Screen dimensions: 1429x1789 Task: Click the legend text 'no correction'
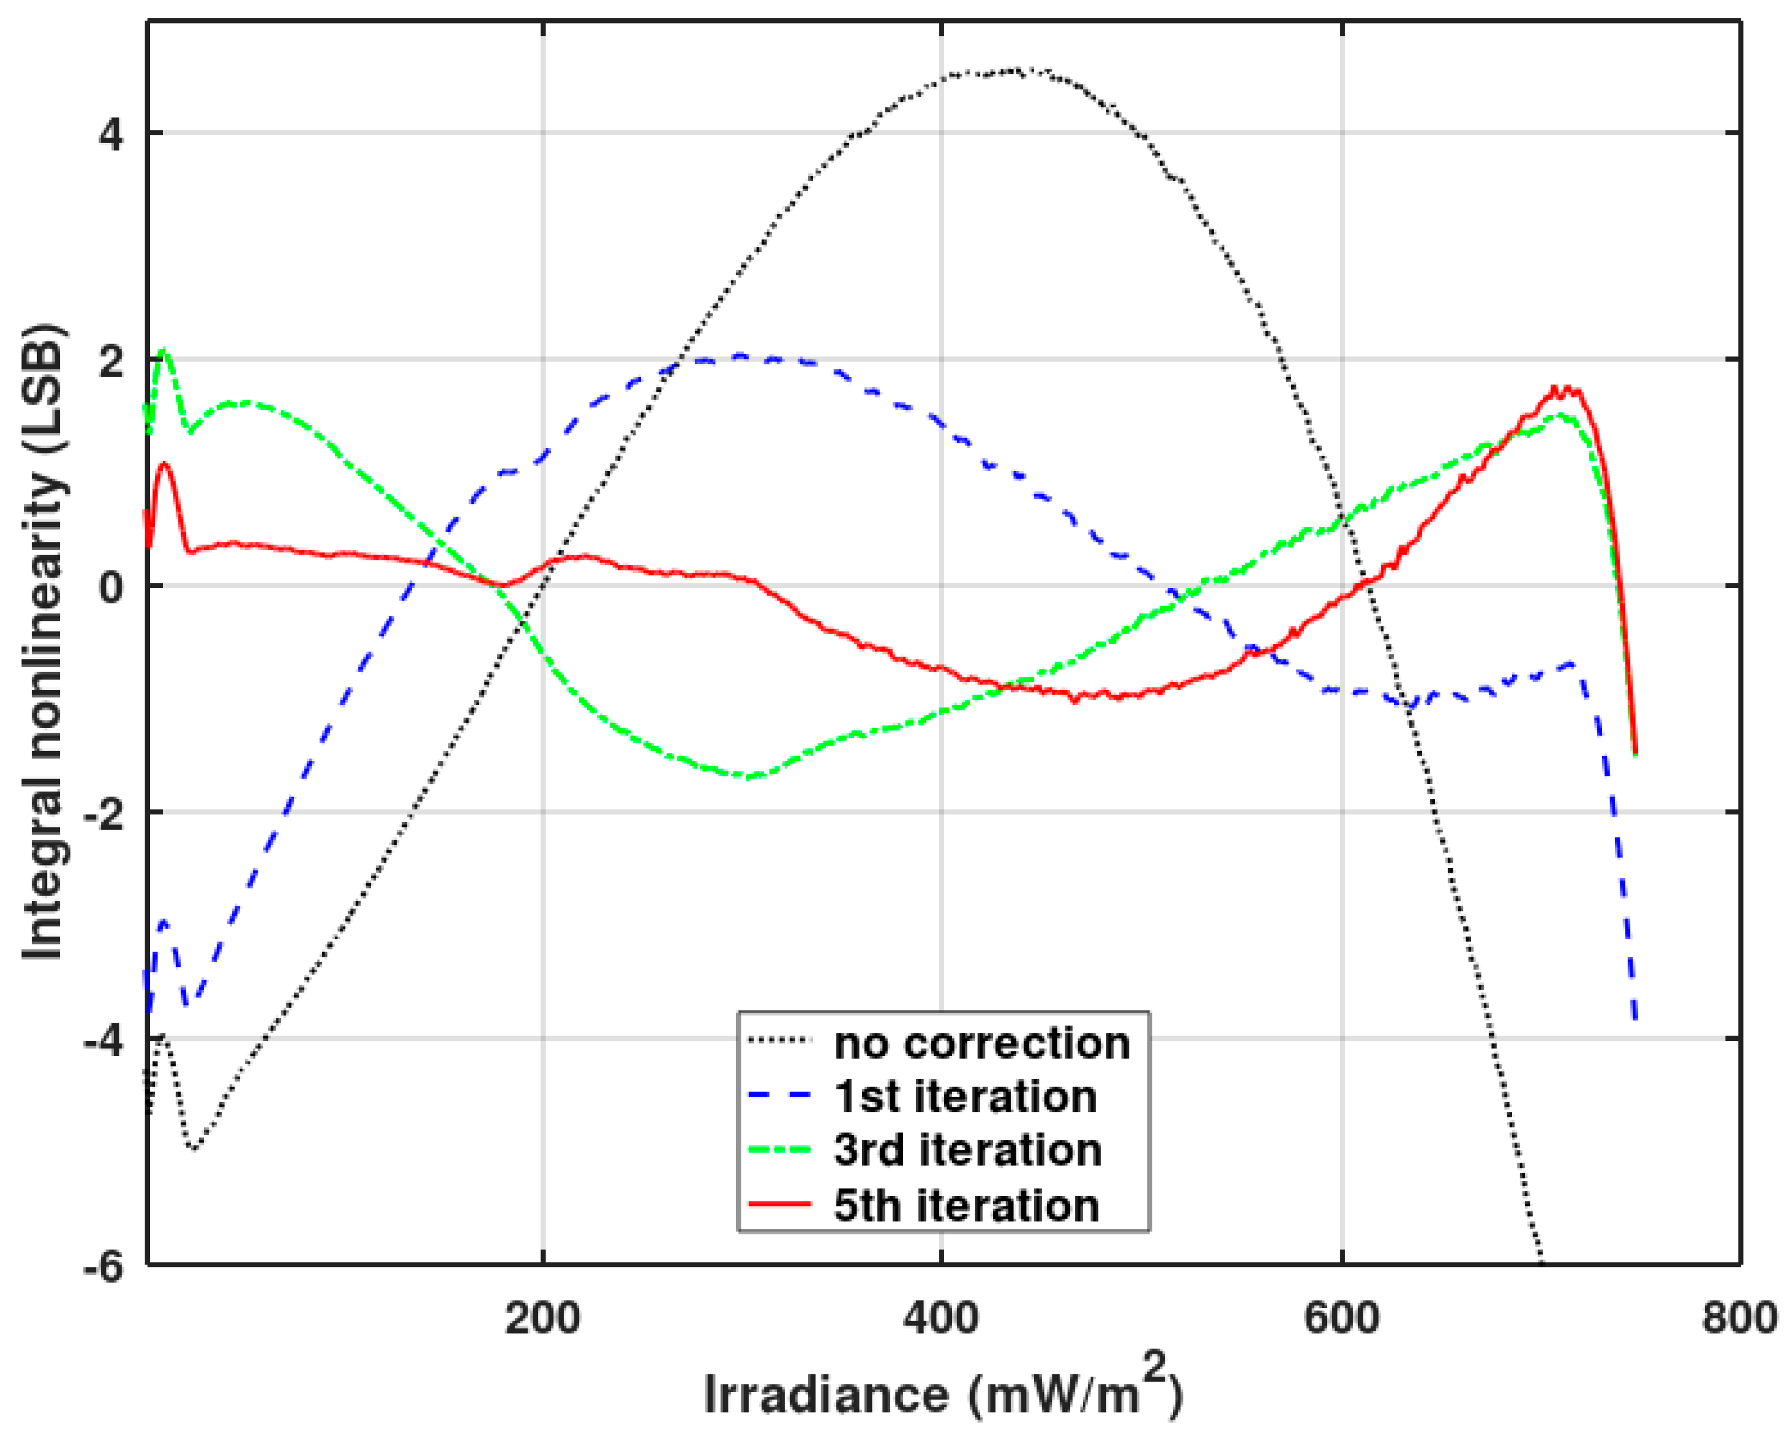982,1043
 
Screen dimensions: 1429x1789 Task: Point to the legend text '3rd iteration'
968,1150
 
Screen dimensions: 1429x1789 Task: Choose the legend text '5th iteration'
967,1205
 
